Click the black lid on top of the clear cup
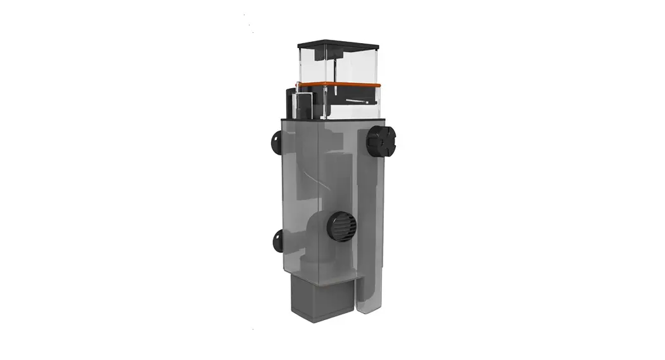point(338,46)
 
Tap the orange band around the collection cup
point(339,84)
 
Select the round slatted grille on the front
point(341,226)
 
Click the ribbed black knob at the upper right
point(381,141)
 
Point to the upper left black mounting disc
point(277,143)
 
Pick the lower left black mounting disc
point(277,240)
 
